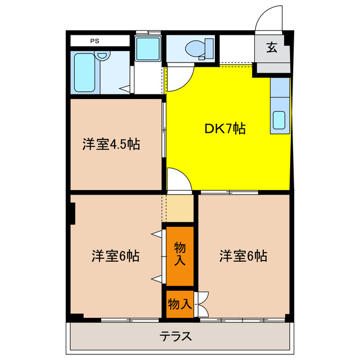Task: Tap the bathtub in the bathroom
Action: (x=85, y=73)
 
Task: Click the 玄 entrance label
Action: (x=272, y=48)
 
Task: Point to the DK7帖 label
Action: (x=224, y=129)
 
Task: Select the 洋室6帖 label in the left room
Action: (x=116, y=256)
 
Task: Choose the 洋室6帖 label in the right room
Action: (x=243, y=256)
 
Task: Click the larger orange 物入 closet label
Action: (x=179, y=255)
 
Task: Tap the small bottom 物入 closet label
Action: (x=179, y=304)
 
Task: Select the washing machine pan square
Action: (x=148, y=49)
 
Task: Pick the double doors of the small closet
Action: (x=202, y=304)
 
